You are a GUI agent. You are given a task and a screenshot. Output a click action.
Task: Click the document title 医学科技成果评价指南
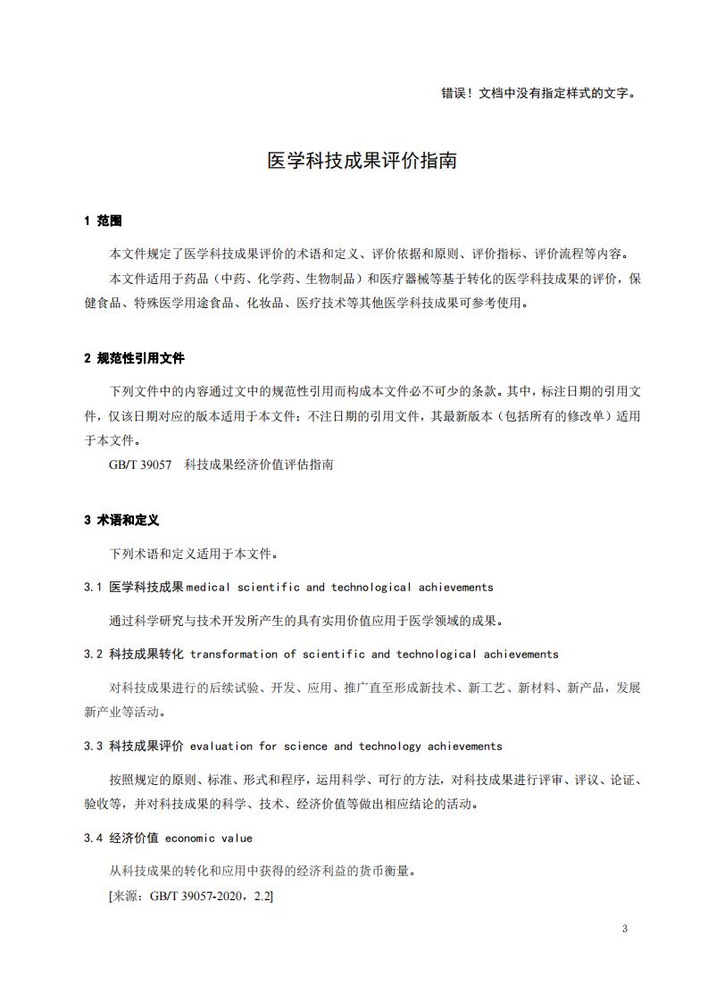click(x=362, y=161)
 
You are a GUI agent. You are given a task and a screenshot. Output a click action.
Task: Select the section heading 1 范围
click(x=103, y=221)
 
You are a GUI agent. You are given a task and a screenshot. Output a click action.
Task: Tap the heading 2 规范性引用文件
click(x=134, y=358)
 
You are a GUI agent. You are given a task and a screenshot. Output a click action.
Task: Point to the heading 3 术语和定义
click(x=121, y=520)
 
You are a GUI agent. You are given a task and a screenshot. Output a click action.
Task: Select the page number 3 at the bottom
click(x=625, y=929)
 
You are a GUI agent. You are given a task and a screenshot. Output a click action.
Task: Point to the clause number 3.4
click(x=94, y=839)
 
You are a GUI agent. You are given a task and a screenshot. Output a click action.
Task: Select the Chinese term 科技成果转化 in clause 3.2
click(x=146, y=655)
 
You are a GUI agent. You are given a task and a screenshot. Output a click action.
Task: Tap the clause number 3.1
click(x=94, y=588)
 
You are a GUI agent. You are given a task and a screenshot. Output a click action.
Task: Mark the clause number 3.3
click(x=94, y=747)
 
